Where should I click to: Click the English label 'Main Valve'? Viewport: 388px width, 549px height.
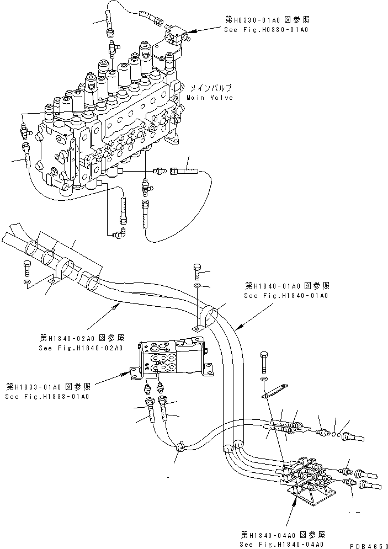click(210, 98)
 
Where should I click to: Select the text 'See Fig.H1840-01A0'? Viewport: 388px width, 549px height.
click(286, 296)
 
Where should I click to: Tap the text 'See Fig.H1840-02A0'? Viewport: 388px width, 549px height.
click(80, 348)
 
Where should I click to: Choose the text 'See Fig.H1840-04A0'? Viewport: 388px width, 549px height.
click(282, 545)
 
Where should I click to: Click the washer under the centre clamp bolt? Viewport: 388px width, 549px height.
click(199, 286)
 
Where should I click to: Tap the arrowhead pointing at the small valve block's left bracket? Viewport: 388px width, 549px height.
click(125, 376)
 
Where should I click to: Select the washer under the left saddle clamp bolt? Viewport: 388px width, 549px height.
click(27, 282)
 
